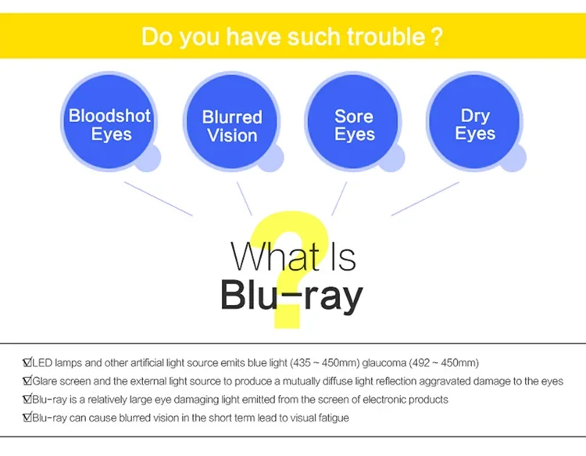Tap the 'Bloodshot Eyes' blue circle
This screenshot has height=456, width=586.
109,121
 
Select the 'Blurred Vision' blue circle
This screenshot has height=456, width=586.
231,124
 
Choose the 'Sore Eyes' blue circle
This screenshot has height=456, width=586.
353,123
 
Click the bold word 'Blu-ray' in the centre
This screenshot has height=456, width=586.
291,296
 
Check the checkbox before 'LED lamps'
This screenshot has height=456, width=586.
27,363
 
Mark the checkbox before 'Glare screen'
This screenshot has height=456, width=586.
27,381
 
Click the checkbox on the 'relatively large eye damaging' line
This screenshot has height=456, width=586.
27,399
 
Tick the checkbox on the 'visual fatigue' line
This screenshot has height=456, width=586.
27,418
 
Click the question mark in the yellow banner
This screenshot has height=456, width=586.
438,37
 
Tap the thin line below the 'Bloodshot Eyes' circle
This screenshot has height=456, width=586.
158,199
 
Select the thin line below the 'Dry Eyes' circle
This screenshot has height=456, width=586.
425,199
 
